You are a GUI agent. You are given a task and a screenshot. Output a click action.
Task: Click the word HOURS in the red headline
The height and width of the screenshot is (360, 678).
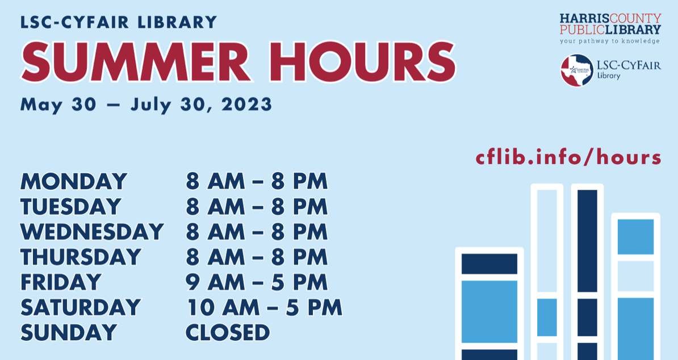pyautogui.click(x=362, y=62)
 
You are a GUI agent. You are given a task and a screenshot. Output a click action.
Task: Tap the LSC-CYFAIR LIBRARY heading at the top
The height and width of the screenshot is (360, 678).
pyautogui.click(x=119, y=22)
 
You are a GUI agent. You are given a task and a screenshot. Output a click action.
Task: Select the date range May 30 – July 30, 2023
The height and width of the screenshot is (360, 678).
pyautogui.click(x=146, y=104)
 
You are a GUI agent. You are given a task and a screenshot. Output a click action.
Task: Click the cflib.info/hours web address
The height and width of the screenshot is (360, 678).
pyautogui.click(x=568, y=157)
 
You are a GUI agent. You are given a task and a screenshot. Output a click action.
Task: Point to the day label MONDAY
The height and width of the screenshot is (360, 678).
pyautogui.click(x=74, y=182)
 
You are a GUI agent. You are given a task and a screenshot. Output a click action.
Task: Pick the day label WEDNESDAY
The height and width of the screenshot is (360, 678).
pyautogui.click(x=92, y=232)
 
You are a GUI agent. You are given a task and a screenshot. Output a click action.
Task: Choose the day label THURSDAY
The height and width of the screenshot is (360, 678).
pyautogui.click(x=81, y=257)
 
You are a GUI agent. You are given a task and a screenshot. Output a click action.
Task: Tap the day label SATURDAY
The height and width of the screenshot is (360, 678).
pyautogui.click(x=81, y=307)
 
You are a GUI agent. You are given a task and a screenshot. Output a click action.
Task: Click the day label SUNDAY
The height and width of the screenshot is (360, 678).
pyautogui.click(x=69, y=332)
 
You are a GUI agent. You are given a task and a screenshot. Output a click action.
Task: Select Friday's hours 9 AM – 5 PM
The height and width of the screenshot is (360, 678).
pyautogui.click(x=257, y=282)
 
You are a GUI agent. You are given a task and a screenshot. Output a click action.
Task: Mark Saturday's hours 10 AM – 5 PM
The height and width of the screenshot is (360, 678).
pyautogui.click(x=264, y=307)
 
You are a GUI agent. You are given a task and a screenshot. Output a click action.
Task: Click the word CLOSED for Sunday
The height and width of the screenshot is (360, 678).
pyautogui.click(x=228, y=332)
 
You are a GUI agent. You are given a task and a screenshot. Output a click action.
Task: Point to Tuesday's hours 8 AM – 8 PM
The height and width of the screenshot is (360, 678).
pyautogui.click(x=257, y=207)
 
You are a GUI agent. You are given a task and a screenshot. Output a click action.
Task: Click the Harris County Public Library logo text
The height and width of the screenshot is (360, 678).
pyautogui.click(x=610, y=24)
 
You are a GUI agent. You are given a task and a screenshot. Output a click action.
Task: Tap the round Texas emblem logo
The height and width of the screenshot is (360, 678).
pyautogui.click(x=577, y=70)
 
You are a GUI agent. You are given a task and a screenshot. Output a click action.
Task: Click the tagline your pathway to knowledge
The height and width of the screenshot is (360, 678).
pyautogui.click(x=610, y=41)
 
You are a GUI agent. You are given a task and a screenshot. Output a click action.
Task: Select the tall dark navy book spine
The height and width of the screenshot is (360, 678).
pyautogui.click(x=587, y=272)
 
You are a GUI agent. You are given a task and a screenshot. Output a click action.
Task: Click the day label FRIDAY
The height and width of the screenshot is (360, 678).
pyautogui.click(x=61, y=282)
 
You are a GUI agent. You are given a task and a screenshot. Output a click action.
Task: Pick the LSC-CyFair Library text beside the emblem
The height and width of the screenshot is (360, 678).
pyautogui.click(x=629, y=70)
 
